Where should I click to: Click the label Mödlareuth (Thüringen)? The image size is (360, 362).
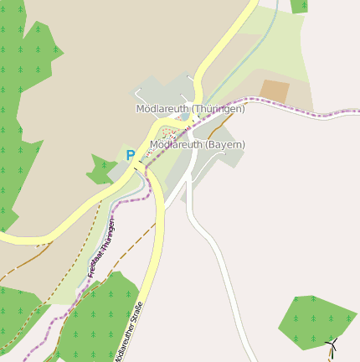click(190, 109)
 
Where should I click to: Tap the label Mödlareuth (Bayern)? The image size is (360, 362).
click(197, 144)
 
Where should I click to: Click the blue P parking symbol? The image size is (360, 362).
click(130, 155)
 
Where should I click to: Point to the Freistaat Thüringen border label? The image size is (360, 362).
click(101, 246)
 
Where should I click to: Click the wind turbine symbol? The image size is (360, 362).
click(332, 344)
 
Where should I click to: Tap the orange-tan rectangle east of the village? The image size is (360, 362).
click(275, 91)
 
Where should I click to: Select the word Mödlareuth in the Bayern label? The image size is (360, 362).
click(176, 144)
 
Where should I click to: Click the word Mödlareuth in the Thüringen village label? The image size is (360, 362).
click(162, 109)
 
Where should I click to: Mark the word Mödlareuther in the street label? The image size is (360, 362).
click(124, 344)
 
